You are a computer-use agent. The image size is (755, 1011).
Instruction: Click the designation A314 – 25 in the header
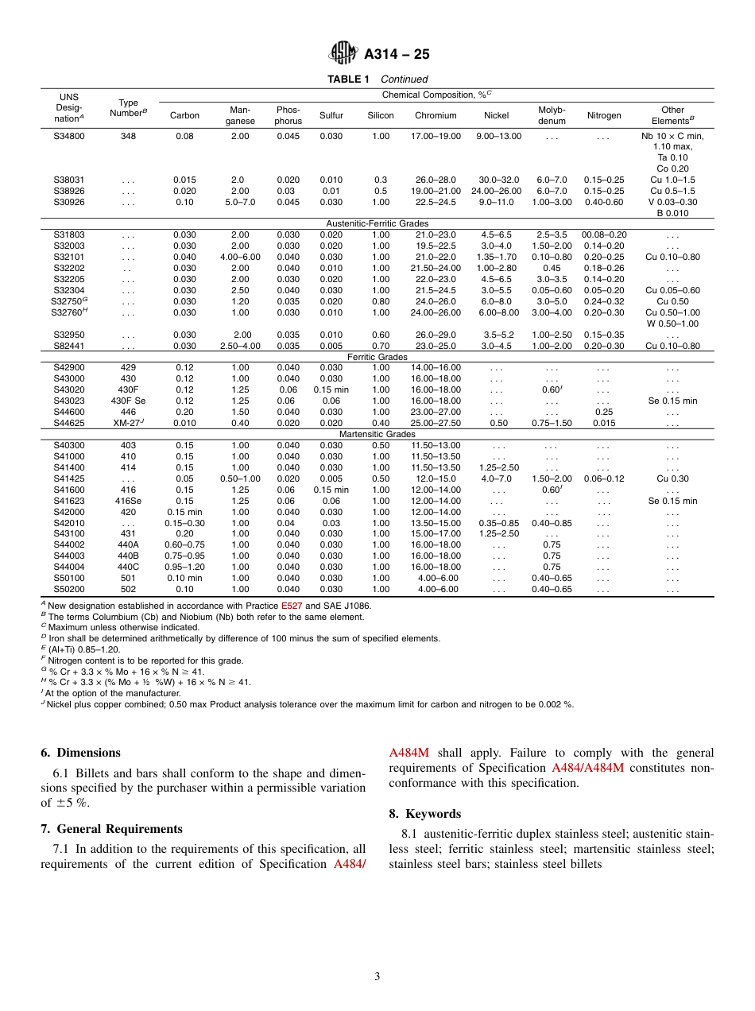point(397,55)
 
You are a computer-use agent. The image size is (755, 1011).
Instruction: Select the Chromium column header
point(436,115)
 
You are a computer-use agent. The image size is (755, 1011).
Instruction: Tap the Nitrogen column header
point(604,115)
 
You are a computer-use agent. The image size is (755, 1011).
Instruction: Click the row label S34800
point(69,136)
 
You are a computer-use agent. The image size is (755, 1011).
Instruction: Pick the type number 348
point(128,136)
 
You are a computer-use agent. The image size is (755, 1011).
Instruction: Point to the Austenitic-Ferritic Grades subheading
point(377,224)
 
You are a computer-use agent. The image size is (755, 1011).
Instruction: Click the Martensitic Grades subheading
point(377,435)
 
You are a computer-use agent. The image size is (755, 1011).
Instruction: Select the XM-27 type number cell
point(127,424)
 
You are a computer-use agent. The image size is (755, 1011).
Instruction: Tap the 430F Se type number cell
point(128,401)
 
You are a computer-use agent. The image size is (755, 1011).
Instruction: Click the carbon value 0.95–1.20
point(184,567)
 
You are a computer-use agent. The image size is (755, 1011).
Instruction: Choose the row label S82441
point(69,346)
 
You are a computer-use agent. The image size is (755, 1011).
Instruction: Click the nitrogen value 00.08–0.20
point(604,235)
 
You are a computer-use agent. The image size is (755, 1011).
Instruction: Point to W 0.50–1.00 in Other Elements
point(672,323)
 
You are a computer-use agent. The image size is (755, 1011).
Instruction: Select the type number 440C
point(128,567)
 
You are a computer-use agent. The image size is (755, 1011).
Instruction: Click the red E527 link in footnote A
point(292,605)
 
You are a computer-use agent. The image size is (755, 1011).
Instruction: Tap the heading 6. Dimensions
point(81,753)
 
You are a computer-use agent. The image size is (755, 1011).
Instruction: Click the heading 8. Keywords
point(425,814)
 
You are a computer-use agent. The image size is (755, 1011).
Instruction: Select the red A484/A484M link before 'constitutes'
point(588,768)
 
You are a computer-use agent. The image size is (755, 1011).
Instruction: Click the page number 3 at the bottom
point(377,976)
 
